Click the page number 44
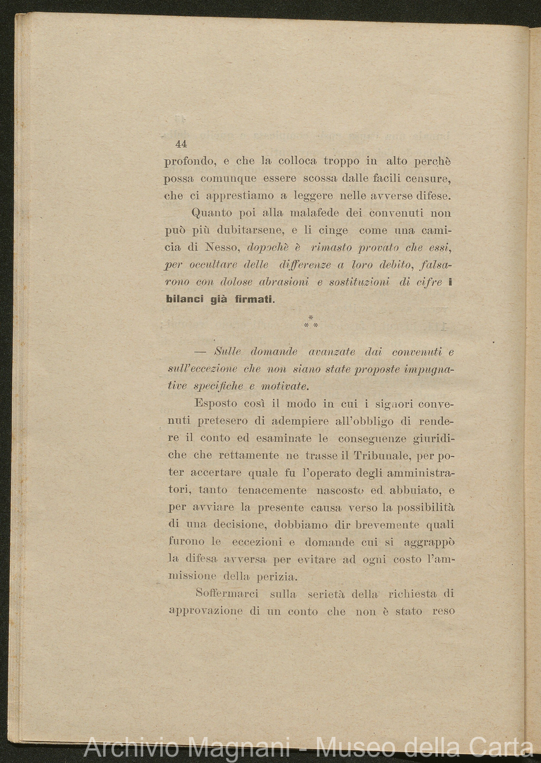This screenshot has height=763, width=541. tap(181, 144)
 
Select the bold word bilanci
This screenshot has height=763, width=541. tap(185, 300)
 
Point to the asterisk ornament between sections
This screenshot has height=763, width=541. tap(311, 322)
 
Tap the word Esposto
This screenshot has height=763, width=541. tap(216, 403)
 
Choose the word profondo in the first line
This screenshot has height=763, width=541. tap(188, 162)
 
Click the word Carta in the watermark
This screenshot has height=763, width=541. tap(500, 748)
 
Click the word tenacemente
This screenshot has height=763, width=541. tap(272, 490)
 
